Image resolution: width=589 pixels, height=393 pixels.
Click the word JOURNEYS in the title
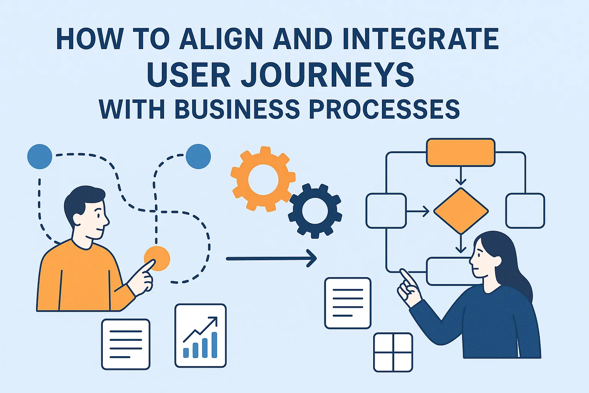point(327,74)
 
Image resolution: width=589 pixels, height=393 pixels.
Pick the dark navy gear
point(315,211)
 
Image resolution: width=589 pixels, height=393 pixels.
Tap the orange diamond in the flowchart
point(461,211)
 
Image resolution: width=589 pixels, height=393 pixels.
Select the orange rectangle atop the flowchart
point(461,152)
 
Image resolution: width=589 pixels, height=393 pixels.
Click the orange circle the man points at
point(157,259)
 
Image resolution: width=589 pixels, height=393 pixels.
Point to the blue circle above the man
point(40,156)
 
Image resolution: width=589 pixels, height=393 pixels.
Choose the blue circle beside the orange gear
point(198,156)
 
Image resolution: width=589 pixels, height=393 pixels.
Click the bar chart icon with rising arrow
point(201,335)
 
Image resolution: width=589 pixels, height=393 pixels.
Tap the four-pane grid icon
point(393,352)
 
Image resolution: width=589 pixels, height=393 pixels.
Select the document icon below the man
point(126,344)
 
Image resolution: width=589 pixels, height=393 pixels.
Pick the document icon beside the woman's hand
point(348,303)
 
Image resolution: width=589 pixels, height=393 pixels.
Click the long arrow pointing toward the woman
point(271,259)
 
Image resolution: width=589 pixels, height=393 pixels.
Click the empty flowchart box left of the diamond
point(386,211)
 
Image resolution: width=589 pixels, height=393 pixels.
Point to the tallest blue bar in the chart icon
point(214,345)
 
